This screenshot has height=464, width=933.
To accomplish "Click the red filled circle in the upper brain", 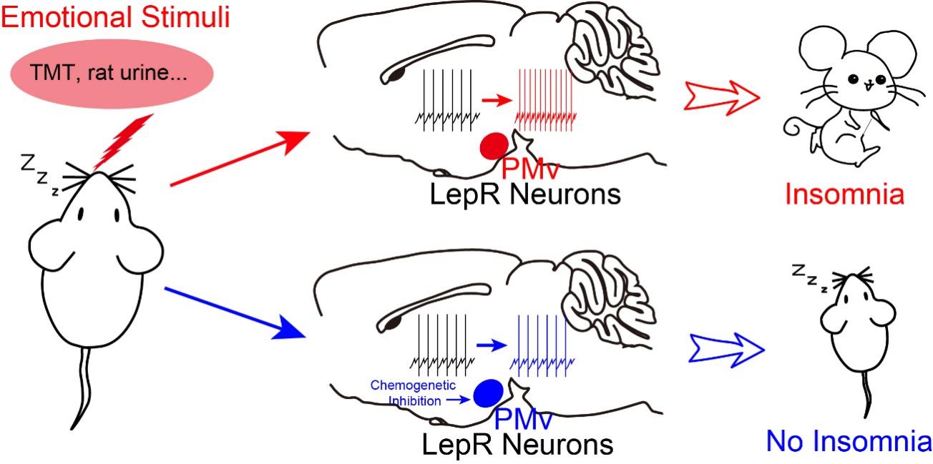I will click(493, 146).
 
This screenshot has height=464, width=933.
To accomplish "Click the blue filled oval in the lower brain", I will click(489, 391).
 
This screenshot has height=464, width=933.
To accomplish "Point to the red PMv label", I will click(529, 170).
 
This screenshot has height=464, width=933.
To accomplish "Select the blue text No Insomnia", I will click(849, 441).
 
